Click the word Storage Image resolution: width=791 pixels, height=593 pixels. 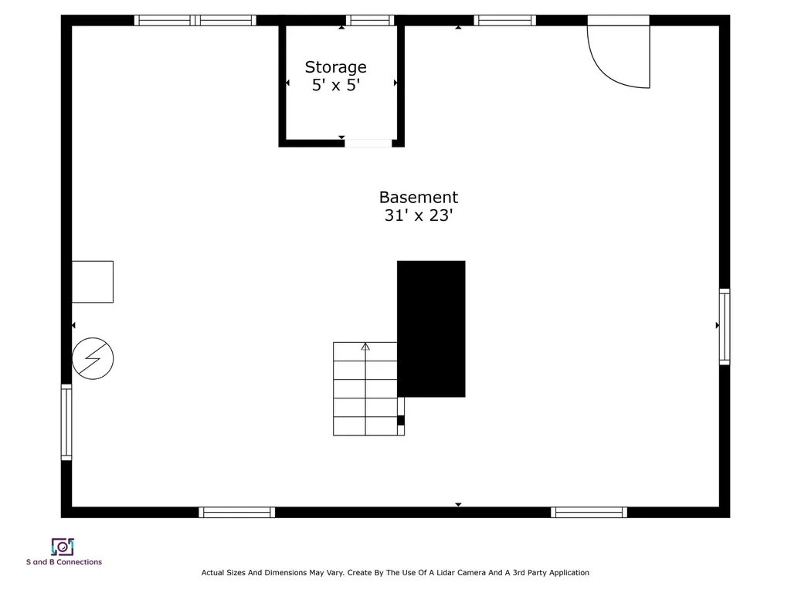pos(335,68)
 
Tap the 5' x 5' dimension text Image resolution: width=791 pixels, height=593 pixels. pos(336,85)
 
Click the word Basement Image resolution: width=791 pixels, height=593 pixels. pos(419,197)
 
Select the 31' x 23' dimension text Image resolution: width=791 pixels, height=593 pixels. pos(419,215)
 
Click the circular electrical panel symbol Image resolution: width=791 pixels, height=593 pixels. pos(93,358)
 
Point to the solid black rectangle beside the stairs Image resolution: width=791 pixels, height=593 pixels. pos(431,329)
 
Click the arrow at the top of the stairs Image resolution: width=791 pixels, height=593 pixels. pos(365,347)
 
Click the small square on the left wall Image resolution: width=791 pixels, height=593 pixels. pos(93,282)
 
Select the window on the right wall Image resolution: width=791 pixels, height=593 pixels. pos(725,327)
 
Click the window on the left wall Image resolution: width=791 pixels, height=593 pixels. pos(66,422)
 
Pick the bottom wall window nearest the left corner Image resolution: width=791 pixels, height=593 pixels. pos(237,513)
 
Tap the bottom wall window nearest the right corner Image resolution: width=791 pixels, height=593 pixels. pos(589,513)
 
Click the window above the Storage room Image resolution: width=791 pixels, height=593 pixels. pos(370,20)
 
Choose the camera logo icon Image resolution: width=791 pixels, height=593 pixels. pos(63,547)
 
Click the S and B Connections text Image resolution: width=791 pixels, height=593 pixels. pos(64,562)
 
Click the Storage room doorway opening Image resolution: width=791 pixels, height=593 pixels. pos(368,143)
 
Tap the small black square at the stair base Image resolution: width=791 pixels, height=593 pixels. pos(401,421)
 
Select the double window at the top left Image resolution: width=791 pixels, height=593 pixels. pos(195,20)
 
